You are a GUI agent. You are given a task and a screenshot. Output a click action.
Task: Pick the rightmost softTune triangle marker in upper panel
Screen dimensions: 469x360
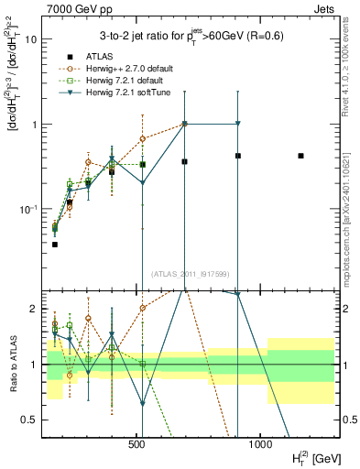point(237,124)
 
